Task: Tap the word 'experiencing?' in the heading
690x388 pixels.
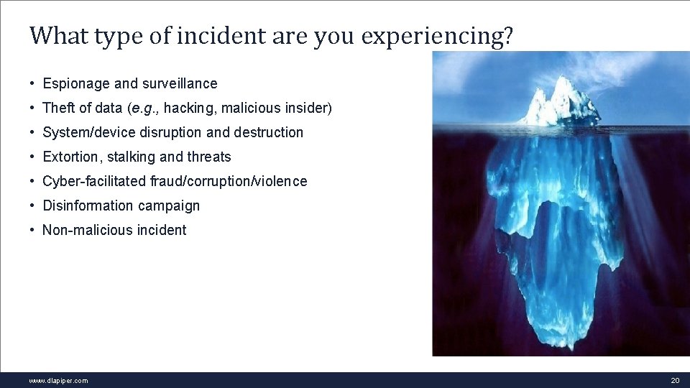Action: [x=437, y=36]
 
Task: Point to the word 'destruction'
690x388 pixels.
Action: [x=269, y=132]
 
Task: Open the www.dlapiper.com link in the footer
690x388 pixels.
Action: [x=58, y=381]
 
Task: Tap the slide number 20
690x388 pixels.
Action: [x=674, y=381]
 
